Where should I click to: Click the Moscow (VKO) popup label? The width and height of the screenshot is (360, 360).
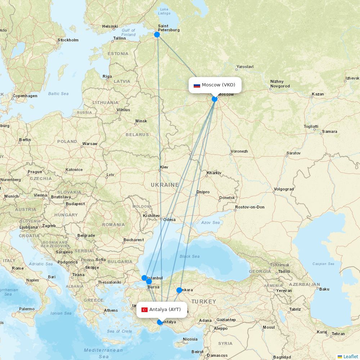click(218, 85)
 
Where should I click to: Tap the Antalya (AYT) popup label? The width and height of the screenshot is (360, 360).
click(165, 310)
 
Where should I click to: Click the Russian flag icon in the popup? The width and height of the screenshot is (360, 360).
click(197, 85)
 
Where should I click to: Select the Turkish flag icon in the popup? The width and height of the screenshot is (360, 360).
click(145, 310)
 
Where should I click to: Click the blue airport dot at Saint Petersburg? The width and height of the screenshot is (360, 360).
click(157, 35)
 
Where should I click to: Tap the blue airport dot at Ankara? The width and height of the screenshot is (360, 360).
click(179, 290)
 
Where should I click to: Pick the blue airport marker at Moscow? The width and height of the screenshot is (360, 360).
click(215, 99)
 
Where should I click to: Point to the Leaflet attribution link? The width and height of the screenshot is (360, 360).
click(350, 356)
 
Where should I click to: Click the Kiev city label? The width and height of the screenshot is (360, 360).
click(164, 167)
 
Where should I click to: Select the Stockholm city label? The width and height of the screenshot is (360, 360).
click(68, 40)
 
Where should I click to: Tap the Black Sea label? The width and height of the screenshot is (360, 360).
click(189, 256)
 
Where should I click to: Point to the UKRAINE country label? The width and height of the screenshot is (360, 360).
click(165, 185)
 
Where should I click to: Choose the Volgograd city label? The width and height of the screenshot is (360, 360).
click(284, 189)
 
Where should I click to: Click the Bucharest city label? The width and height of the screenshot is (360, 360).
click(134, 240)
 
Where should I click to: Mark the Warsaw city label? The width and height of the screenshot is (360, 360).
click(90, 144)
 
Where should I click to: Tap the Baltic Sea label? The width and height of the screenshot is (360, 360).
click(58, 94)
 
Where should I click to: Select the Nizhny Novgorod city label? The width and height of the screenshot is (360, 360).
click(280, 84)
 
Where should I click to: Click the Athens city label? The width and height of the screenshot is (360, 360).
click(111, 310)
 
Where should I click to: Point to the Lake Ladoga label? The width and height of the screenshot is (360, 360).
click(164, 11)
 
